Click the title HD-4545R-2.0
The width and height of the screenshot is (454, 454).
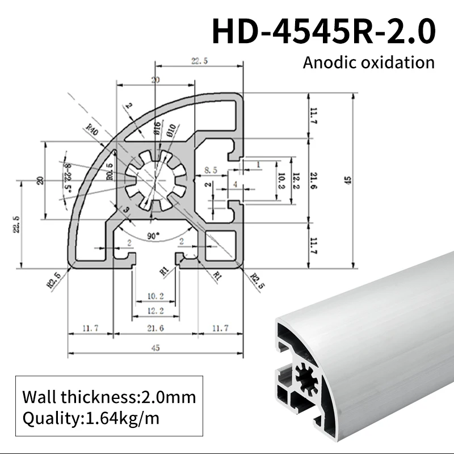pyautogui.click(x=323, y=31)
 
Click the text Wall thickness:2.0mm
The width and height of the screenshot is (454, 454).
pyautogui.click(x=109, y=396)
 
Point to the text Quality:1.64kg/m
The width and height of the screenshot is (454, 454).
pyautogui.click(x=91, y=419)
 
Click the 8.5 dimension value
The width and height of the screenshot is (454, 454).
pyautogui.click(x=210, y=170)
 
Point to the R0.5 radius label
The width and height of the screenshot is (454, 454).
pyautogui.click(x=110, y=171)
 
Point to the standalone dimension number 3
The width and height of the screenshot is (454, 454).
pyautogui.click(x=126, y=211)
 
